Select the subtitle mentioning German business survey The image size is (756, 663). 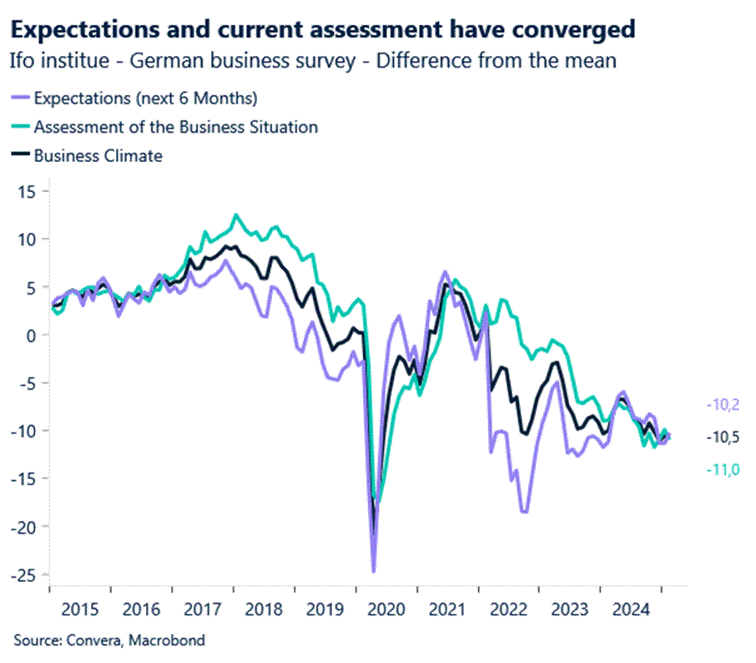pyautogui.click(x=313, y=61)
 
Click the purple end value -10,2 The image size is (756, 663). pyautogui.click(x=723, y=405)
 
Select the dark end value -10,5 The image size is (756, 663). pyautogui.click(x=723, y=437)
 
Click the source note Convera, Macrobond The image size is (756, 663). pyautogui.click(x=108, y=640)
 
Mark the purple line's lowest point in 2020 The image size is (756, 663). pyautogui.click(x=374, y=572)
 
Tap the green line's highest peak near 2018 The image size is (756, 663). pyautogui.click(x=236, y=215)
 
